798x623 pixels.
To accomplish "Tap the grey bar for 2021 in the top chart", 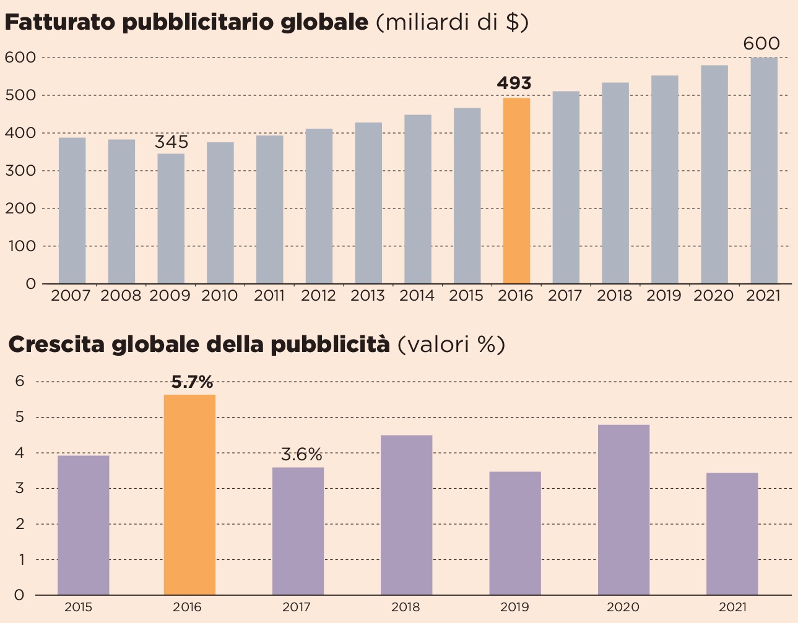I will pos(763,171).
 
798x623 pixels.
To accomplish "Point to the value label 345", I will pos(171,142).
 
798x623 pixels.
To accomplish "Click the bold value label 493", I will pos(514,84).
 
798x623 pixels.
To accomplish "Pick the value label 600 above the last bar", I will pos(761,44).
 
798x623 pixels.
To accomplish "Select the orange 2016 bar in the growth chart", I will pos(189,495).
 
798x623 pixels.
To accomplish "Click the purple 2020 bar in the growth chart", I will pos(623,510).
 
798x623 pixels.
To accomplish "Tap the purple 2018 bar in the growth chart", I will pos(406,515).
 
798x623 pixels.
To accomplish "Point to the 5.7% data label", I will pos(192,382).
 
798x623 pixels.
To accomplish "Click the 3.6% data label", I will pos(301,455).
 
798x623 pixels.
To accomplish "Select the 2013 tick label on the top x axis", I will pos(368,296).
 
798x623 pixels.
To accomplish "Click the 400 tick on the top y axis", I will pos(22,133).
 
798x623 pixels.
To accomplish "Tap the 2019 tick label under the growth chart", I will pos(514,608).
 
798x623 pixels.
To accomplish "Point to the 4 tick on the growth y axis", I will pos(19,453).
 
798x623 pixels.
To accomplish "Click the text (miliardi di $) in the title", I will pos(452,22).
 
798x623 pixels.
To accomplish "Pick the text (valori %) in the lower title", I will pos(451,344).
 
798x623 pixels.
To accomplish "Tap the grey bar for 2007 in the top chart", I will pos(72,210).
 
